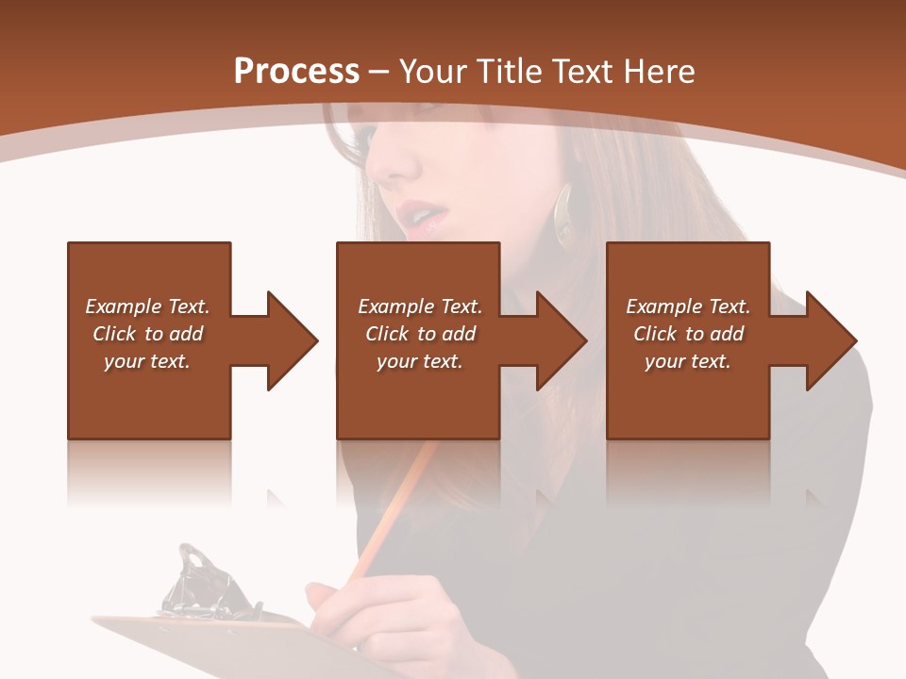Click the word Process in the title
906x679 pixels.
296,71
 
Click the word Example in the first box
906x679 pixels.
123,306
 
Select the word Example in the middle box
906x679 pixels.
395,306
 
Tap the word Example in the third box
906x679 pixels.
663,306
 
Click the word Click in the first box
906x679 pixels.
114,334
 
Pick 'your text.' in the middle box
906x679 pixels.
419,361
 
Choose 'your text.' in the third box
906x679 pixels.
687,361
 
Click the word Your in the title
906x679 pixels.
435,71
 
